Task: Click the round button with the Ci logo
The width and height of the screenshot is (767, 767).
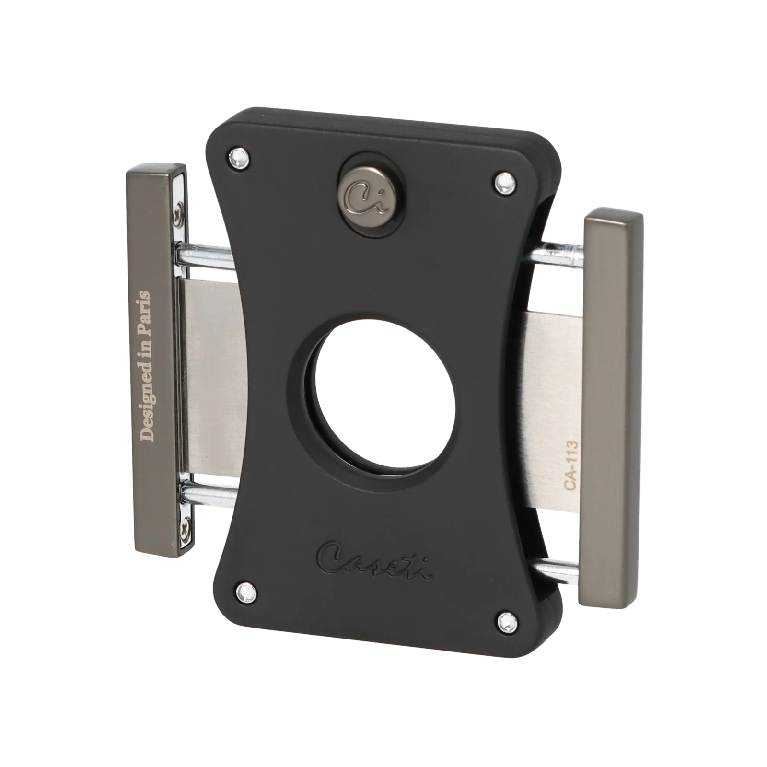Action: [368, 198]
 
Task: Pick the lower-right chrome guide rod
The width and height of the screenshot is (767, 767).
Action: [558, 569]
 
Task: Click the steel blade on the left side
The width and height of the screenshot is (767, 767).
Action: [209, 374]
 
